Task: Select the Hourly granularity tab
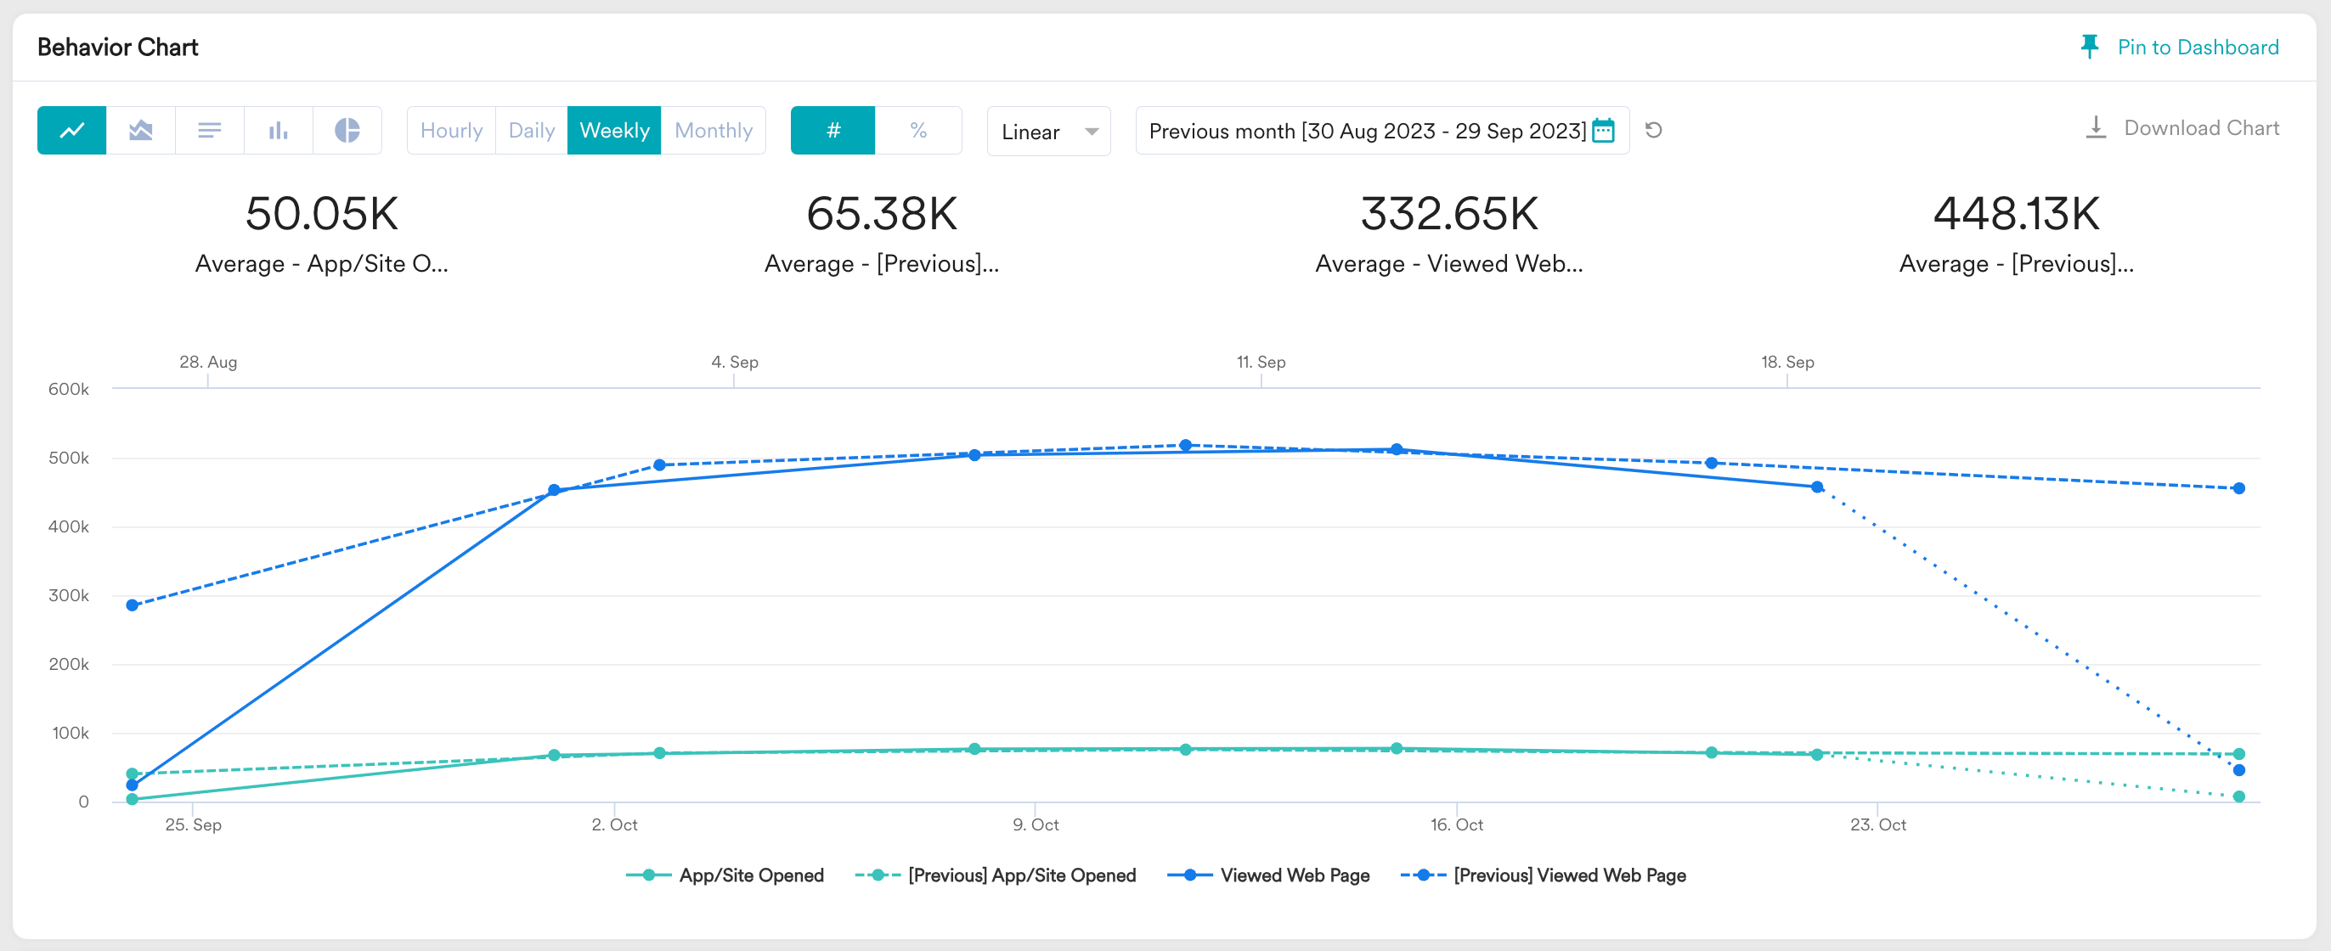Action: point(452,130)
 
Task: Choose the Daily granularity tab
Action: point(531,130)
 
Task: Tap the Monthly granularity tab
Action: point(713,130)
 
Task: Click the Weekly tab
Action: point(614,130)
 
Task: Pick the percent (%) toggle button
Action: point(918,130)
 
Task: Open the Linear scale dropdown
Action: point(1049,132)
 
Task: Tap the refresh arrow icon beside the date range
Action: point(1653,130)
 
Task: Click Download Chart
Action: point(2181,127)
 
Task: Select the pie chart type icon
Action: point(347,130)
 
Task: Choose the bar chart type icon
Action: point(279,130)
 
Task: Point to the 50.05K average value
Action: point(322,213)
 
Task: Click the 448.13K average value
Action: point(2016,213)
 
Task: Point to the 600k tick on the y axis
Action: point(69,389)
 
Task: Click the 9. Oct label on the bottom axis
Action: point(1036,824)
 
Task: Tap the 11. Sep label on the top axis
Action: point(1261,362)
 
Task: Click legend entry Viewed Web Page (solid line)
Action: point(1268,875)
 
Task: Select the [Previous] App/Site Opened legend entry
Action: point(996,875)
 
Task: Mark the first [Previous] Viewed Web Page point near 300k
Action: point(133,605)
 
